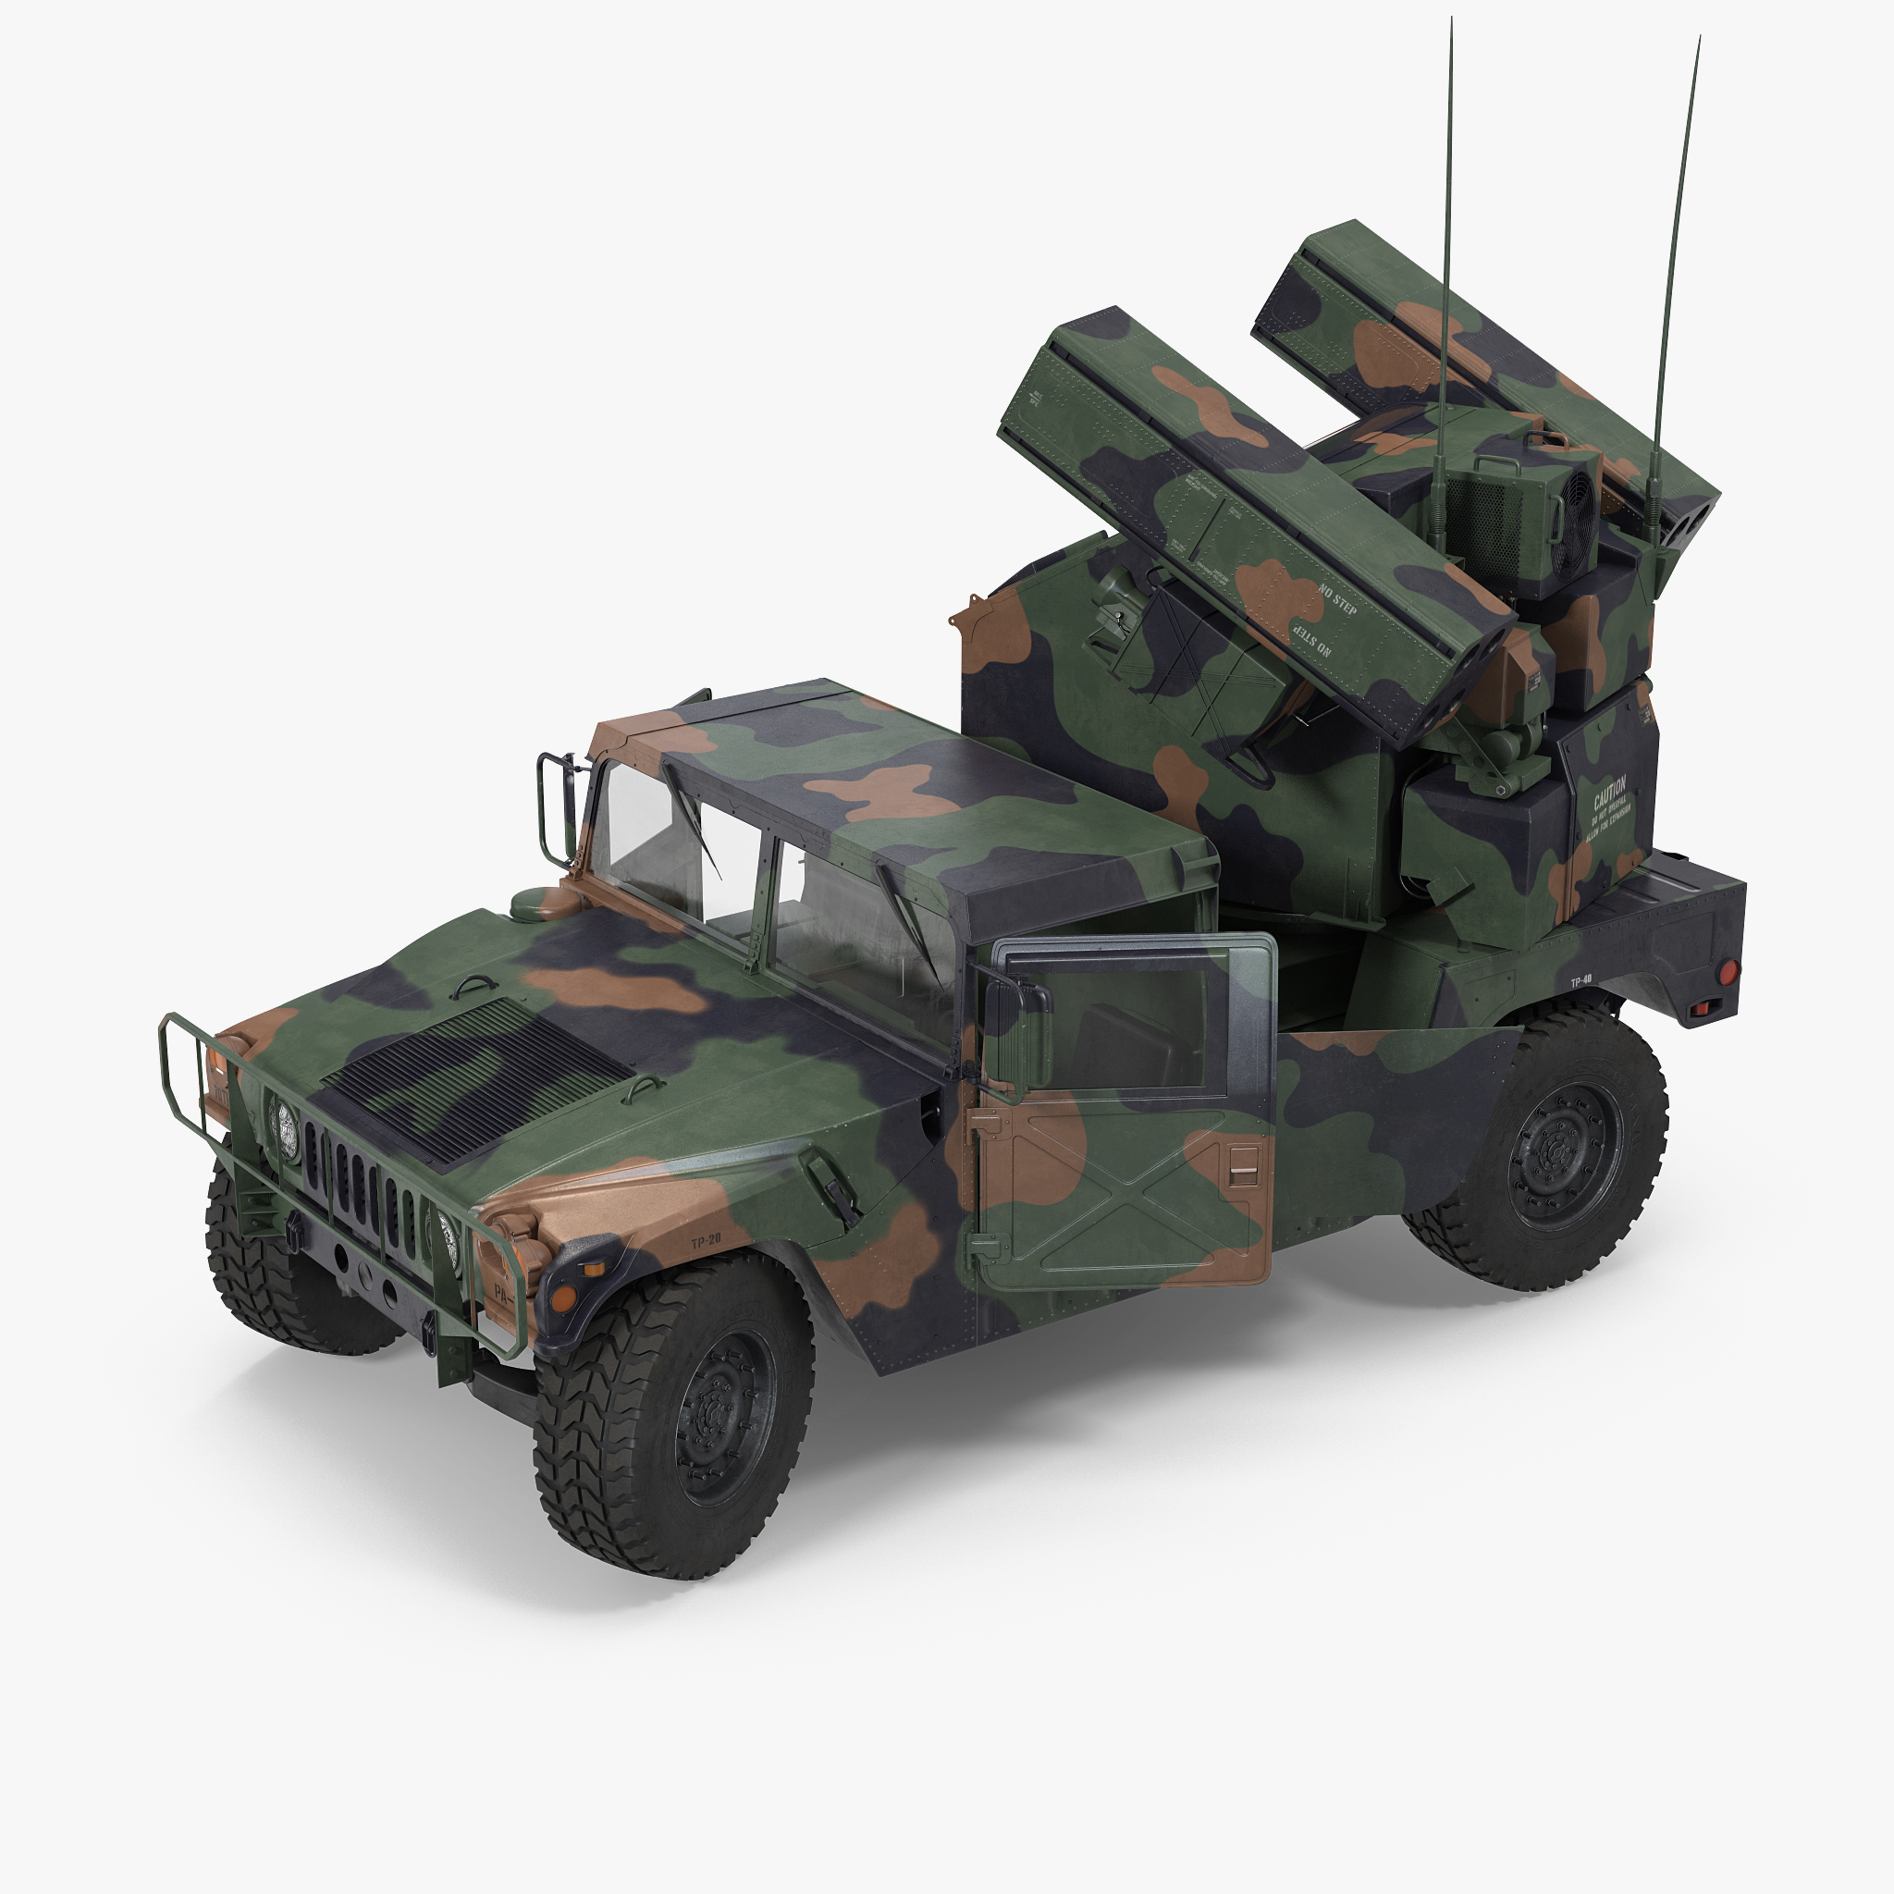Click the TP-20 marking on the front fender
(705, 1240)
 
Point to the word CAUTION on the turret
(1609, 787)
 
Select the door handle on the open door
(1244, 1173)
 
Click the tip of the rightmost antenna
(1699, 39)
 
